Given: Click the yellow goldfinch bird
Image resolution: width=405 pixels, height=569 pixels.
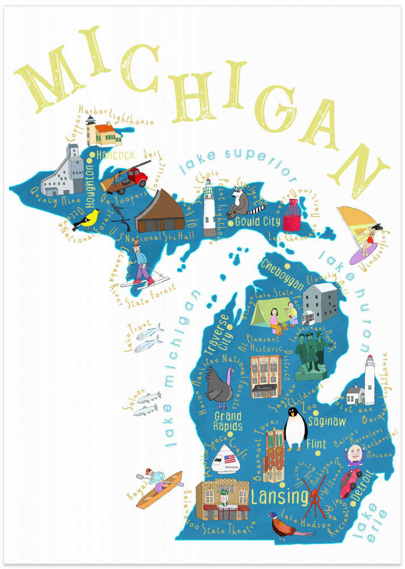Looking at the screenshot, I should [87, 219].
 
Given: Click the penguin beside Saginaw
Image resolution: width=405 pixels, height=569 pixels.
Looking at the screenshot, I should [295, 428].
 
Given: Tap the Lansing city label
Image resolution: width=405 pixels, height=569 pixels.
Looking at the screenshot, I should [279, 497].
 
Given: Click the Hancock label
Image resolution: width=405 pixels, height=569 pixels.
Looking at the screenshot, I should [115, 155].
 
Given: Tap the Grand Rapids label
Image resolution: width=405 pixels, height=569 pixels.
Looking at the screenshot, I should [227, 422].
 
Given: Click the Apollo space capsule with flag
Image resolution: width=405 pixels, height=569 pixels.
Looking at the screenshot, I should [224, 460].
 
